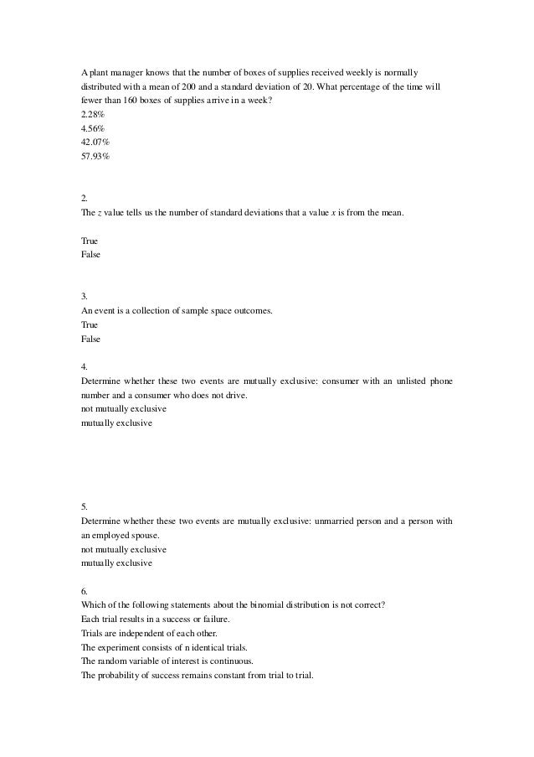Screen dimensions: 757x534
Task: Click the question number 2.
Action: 84,199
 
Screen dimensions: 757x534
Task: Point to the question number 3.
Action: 84,296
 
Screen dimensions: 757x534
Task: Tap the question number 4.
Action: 84,366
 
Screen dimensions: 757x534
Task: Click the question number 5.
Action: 84,506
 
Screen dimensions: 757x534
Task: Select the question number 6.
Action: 84,590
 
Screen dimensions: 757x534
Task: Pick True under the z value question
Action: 89,241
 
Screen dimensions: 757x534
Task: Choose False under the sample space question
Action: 90,340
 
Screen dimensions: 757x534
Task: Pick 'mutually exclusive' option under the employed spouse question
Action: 116,563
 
